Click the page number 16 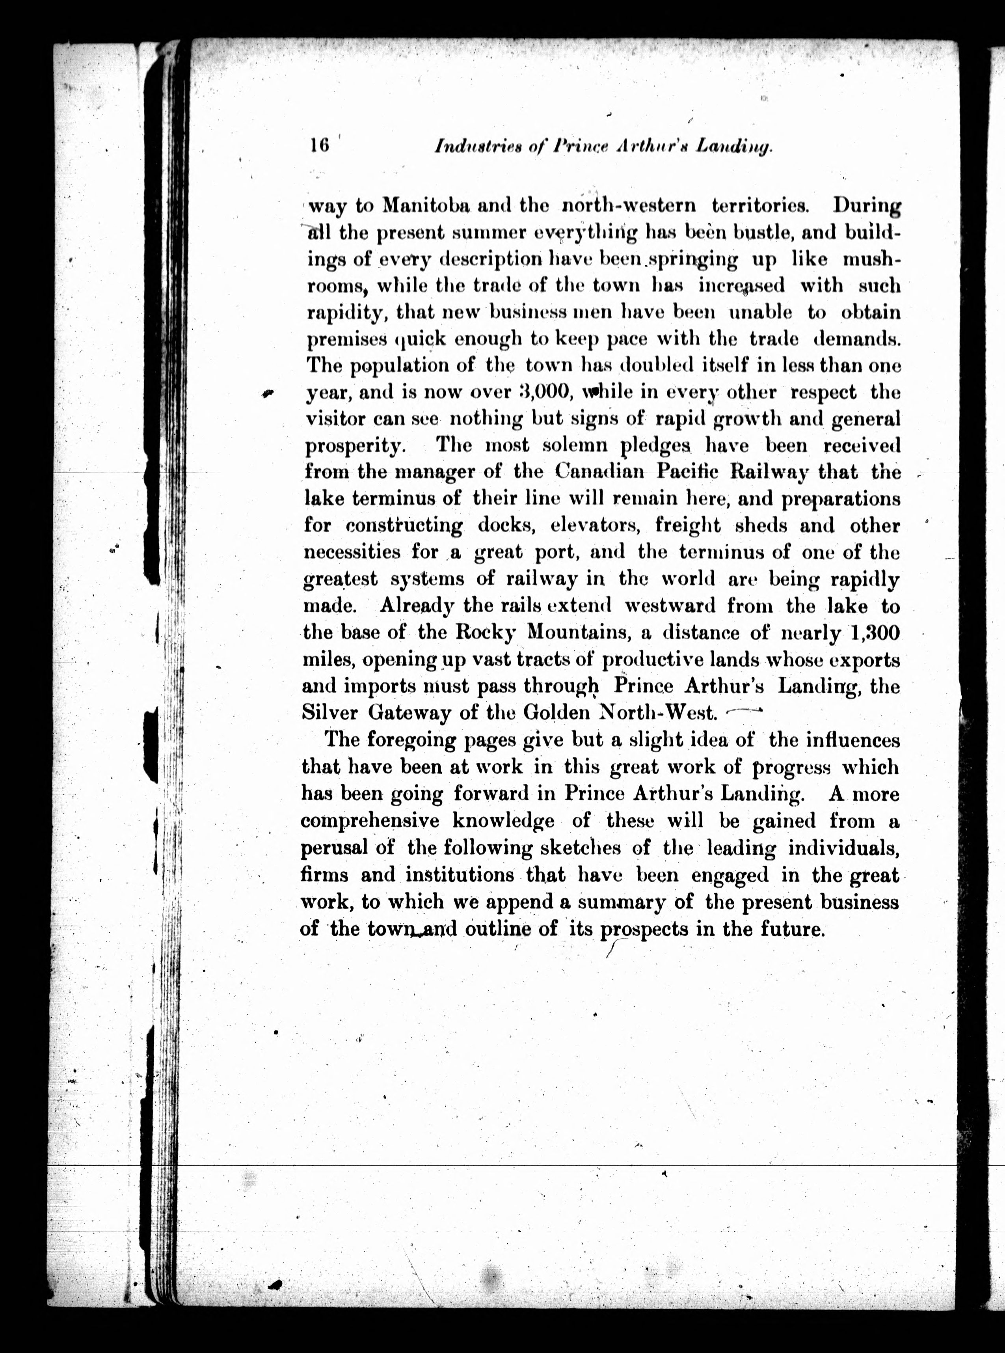pos(319,146)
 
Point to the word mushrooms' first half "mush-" pos(871,259)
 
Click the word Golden pos(551,712)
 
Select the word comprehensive pos(370,821)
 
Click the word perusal pos(334,848)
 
